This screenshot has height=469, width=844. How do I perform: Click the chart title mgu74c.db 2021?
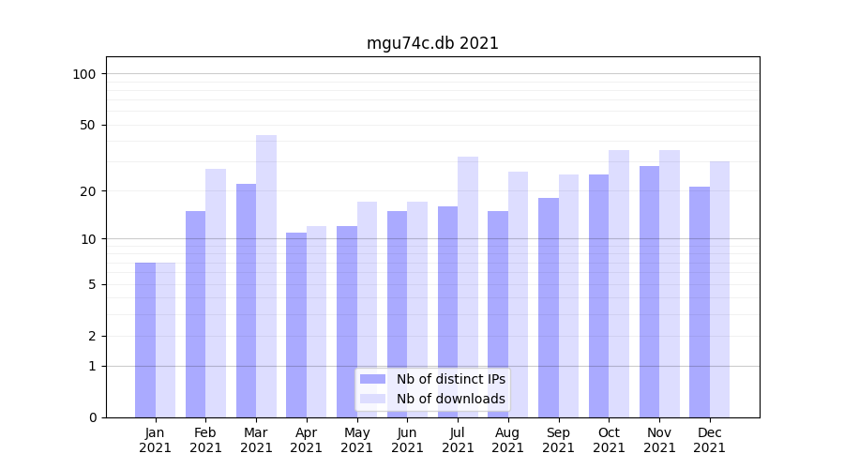pyautogui.click(x=432, y=43)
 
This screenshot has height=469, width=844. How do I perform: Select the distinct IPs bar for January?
pyautogui.click(x=145, y=340)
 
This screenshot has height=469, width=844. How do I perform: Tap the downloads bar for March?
pyautogui.click(x=266, y=276)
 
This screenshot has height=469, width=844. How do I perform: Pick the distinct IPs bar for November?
pyautogui.click(x=649, y=291)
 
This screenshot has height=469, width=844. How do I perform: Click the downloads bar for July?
pyautogui.click(x=468, y=286)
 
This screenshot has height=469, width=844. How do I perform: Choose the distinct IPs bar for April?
pyautogui.click(x=296, y=325)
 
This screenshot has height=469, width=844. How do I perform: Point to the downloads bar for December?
pyautogui.click(x=720, y=289)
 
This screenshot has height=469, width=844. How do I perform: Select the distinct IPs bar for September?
pyautogui.click(x=549, y=307)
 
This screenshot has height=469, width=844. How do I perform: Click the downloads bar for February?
pyautogui.click(x=216, y=293)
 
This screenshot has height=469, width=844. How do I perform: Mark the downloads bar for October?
pyautogui.click(x=619, y=283)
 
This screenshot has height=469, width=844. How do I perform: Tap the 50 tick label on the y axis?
pyautogui.click(x=88, y=125)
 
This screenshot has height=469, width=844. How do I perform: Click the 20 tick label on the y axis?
pyautogui.click(x=88, y=191)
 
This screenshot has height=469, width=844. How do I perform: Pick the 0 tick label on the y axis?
pyautogui.click(x=92, y=417)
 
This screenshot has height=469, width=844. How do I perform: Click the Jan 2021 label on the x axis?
pyautogui.click(x=156, y=440)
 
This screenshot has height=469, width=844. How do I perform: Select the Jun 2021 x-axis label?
pyautogui.click(x=407, y=440)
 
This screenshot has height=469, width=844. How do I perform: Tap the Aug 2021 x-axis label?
pyautogui.click(x=508, y=440)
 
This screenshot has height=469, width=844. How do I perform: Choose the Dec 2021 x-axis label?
pyautogui.click(x=710, y=440)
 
